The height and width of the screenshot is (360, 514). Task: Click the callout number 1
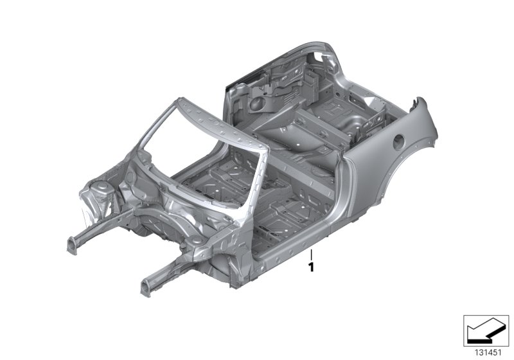[x=311, y=267]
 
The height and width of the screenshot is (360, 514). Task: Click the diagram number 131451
[x=488, y=352]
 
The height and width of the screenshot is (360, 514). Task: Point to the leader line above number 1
[x=311, y=255]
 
